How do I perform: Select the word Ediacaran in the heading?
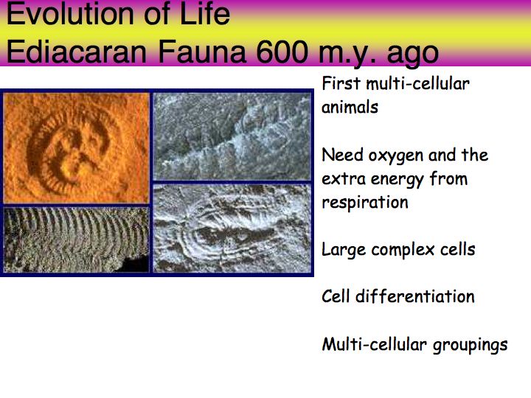77,52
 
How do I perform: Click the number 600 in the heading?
282,52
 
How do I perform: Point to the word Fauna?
202,52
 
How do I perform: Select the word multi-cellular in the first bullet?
418,83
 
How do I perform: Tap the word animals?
350,108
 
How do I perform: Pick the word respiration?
365,203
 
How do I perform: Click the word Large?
344,251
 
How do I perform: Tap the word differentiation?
414,296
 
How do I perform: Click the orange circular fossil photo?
76,148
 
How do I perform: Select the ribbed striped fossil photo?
76,240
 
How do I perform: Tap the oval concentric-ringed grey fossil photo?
232,228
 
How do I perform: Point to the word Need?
342,155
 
